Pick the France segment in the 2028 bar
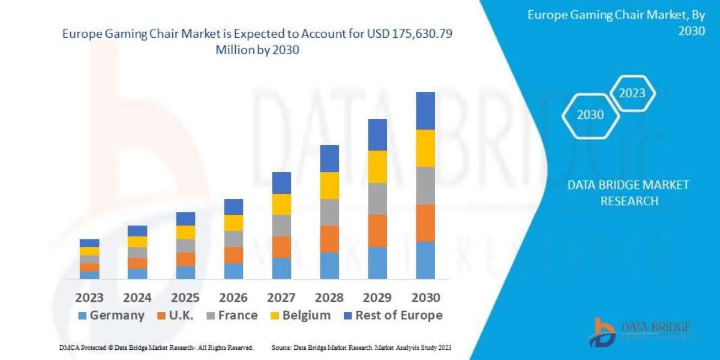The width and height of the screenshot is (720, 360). click(329, 212)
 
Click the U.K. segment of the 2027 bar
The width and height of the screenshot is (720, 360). click(281, 247)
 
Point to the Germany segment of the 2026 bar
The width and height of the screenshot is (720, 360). click(233, 271)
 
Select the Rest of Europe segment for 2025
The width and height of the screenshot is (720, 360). click(185, 218)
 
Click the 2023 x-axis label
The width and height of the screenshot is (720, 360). click(89, 298)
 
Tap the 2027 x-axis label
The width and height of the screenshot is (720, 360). click(281, 298)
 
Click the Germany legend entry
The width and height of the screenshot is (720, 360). click(112, 316)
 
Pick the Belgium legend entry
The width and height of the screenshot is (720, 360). click(301, 316)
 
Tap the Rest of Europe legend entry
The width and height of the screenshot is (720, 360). click(393, 316)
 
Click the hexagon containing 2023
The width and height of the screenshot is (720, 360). click(632, 93)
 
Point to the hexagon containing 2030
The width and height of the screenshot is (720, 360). click(590, 115)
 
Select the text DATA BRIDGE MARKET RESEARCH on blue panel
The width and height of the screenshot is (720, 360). click(628, 193)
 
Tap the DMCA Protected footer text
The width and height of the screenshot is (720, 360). click(156, 348)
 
